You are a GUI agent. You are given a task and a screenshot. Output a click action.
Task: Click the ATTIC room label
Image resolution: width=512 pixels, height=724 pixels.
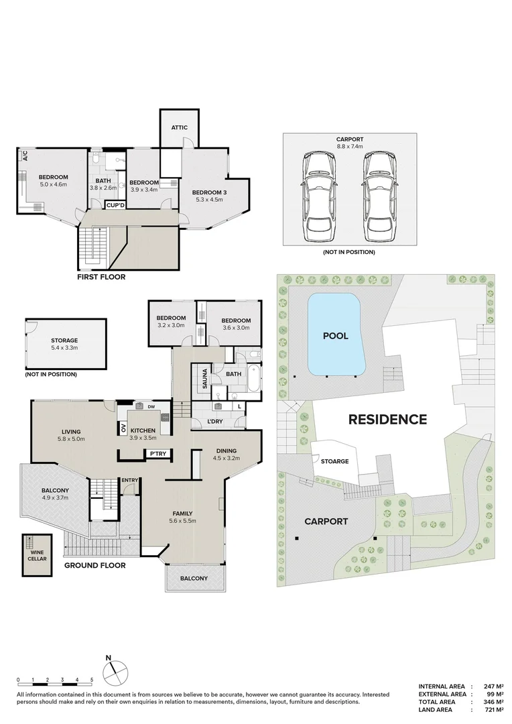click(x=179, y=127)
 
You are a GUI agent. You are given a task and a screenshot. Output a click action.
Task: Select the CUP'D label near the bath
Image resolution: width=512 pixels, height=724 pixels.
click(x=116, y=204)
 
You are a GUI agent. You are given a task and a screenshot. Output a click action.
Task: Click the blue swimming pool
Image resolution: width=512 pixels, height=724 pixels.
click(x=334, y=335)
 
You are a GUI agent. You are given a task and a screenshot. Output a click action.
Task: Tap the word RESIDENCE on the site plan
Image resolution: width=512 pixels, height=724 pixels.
click(x=387, y=420)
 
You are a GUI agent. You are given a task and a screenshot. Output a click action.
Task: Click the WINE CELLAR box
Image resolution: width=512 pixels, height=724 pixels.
click(x=38, y=554)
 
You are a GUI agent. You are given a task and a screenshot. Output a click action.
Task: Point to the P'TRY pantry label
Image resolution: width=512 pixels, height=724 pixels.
click(x=158, y=454)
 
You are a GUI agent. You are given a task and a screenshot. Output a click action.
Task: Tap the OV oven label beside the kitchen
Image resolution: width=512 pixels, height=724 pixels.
click(x=123, y=428)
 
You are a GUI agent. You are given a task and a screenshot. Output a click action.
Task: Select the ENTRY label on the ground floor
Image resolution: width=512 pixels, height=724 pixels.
click(x=129, y=479)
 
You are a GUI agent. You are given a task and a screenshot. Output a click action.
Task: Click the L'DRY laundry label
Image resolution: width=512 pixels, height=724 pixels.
click(x=196, y=421)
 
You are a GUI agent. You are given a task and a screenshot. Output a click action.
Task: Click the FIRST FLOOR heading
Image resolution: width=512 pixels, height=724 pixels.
click(x=102, y=276)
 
